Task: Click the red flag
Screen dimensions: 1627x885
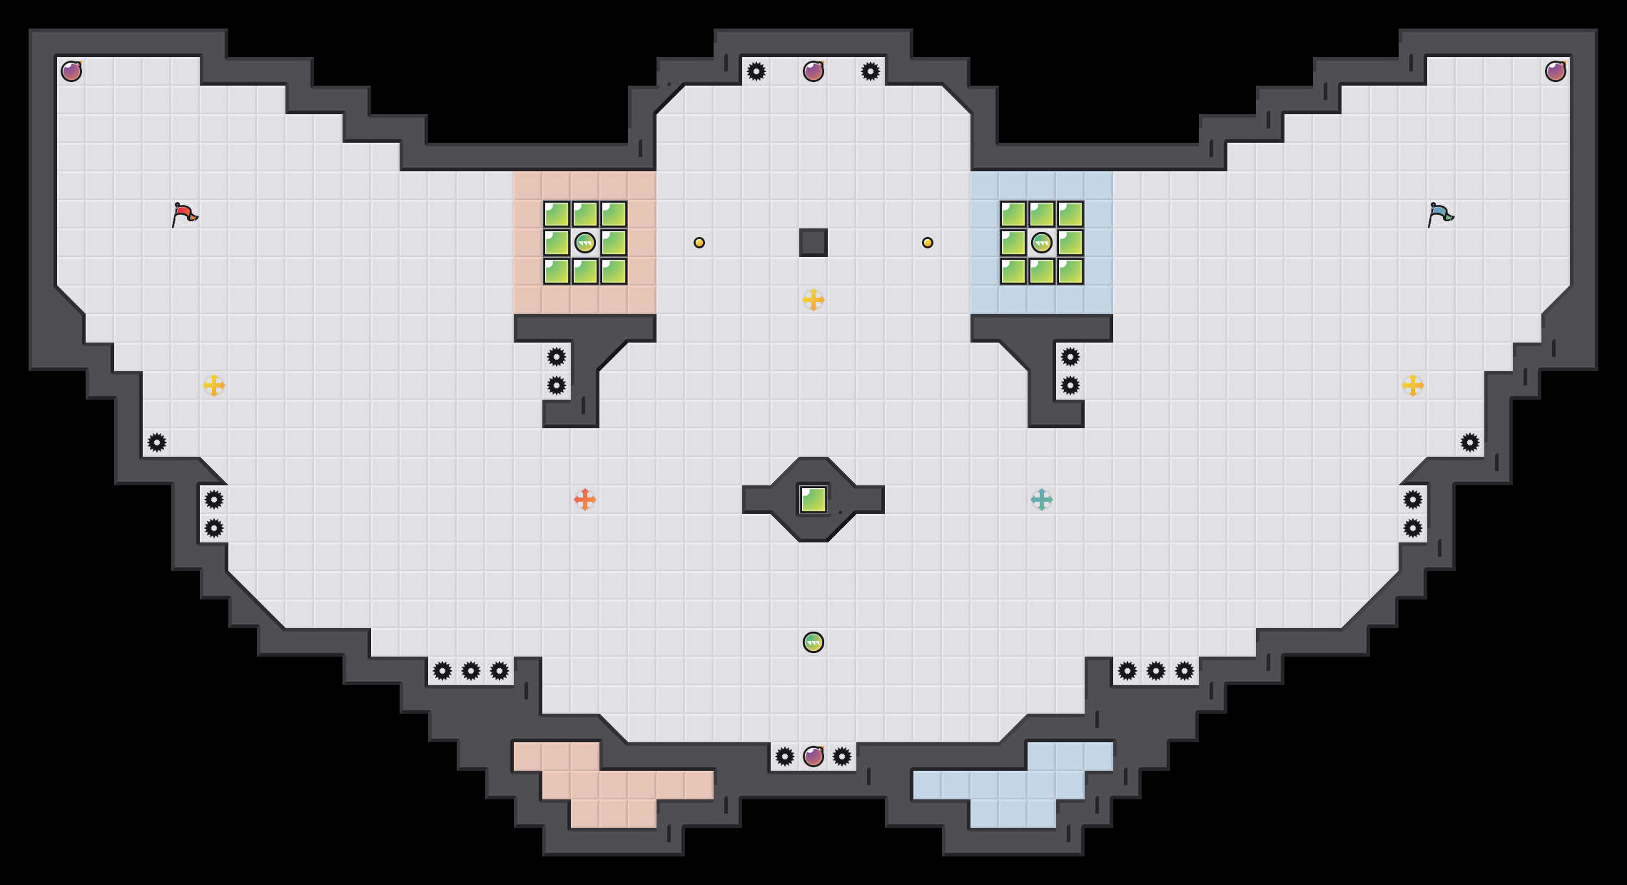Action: [184, 214]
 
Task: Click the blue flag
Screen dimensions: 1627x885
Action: [1440, 214]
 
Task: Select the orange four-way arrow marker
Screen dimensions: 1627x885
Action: [585, 500]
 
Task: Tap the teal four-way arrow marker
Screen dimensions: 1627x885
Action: [1042, 500]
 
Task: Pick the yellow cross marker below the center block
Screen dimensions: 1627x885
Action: [814, 300]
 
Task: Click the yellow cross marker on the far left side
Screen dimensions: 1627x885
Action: [214, 385]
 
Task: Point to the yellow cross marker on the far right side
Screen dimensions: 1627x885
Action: [1413, 385]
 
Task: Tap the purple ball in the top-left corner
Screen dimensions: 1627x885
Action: [71, 71]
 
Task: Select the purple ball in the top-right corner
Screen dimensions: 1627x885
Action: [1556, 71]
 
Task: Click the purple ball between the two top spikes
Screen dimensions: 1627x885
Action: [814, 71]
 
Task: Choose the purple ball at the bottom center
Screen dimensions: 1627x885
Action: [814, 757]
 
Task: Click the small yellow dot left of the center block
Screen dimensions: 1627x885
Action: [699, 243]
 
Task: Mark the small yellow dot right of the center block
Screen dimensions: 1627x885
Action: [928, 243]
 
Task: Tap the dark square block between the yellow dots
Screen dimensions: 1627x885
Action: [814, 243]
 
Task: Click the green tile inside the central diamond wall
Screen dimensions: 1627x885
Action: [814, 500]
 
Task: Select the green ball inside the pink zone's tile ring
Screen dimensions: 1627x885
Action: [585, 243]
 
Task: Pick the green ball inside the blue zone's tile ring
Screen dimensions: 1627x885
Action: [1042, 243]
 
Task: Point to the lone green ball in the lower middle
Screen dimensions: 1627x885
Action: [814, 642]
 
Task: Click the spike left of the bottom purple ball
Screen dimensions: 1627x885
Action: [785, 757]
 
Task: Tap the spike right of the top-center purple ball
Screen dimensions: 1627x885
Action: [871, 71]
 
